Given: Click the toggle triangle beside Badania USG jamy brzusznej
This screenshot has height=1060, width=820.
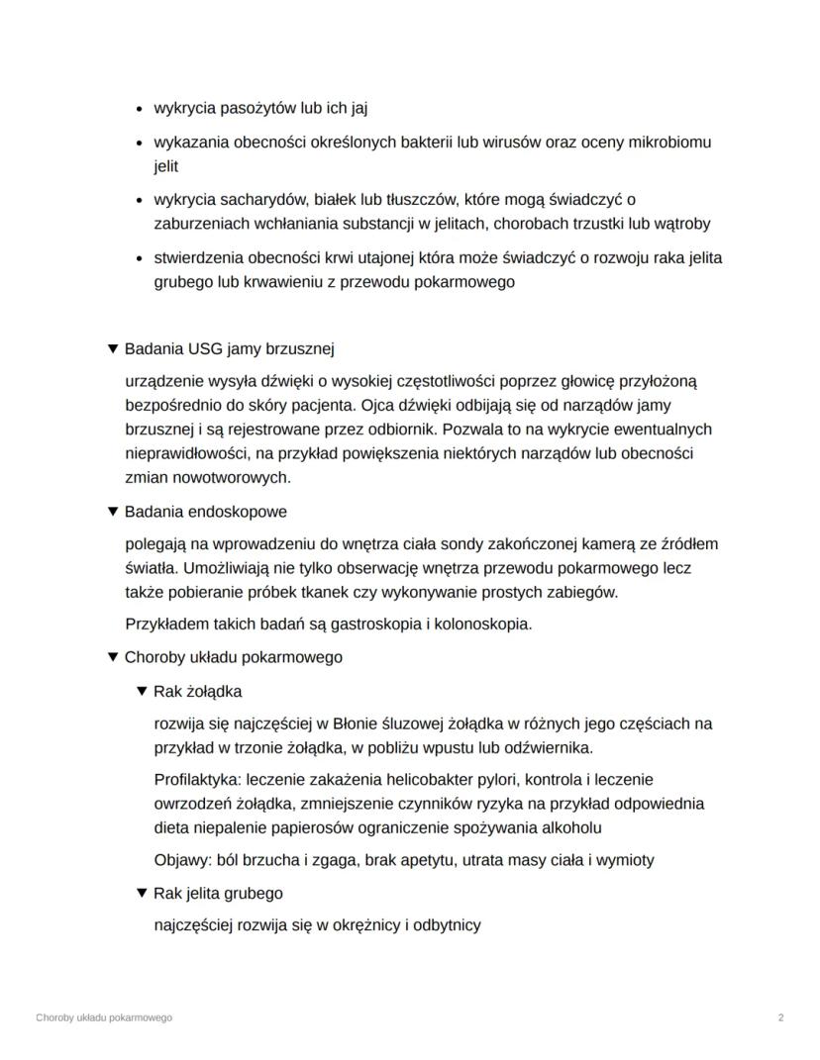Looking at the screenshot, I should (113, 349).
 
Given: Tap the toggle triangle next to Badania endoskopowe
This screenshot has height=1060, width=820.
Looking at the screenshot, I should (113, 512).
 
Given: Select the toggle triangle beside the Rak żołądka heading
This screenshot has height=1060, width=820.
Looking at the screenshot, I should (142, 691).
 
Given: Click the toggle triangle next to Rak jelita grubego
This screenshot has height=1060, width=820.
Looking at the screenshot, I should (142, 893).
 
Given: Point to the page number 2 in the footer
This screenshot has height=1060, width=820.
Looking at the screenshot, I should (780, 1017).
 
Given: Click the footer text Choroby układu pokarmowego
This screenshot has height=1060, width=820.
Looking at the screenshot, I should (103, 1017).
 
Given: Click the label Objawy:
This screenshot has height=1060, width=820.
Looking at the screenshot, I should (185, 860).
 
